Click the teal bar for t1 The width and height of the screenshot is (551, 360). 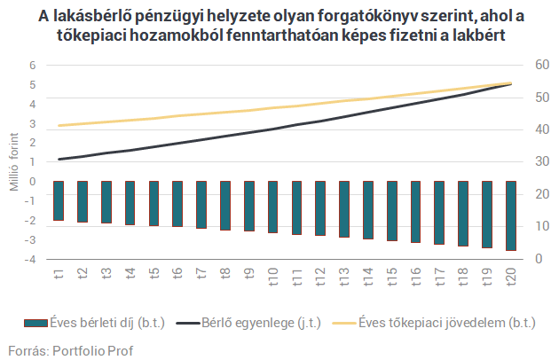coord(59,200)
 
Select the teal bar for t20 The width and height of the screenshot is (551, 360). coord(510,215)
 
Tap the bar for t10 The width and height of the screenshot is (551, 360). coord(272,207)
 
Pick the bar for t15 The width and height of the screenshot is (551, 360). coord(391,211)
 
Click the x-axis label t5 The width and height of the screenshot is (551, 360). coord(153,274)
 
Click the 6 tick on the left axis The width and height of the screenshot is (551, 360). coord(32,66)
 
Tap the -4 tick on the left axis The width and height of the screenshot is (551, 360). coord(30,260)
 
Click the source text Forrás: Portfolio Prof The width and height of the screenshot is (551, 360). coord(70,349)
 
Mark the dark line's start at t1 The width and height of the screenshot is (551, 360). coord(59,160)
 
